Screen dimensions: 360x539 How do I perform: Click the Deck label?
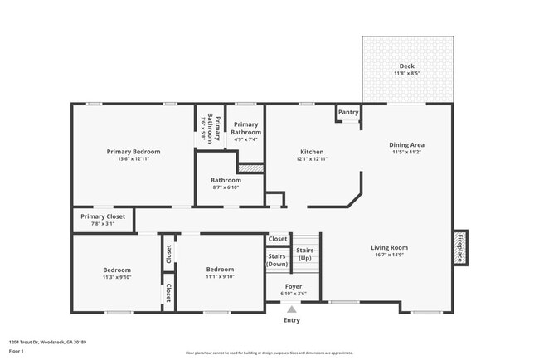click(x=406, y=66)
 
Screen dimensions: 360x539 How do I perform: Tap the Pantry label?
click(x=348, y=112)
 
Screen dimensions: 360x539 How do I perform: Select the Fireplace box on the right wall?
click(x=459, y=247)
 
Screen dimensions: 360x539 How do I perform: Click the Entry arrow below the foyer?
click(x=292, y=308)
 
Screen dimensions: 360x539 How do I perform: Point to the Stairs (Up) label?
click(x=305, y=253)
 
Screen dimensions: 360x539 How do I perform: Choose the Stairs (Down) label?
click(x=277, y=260)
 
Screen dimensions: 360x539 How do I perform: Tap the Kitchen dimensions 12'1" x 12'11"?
click(x=312, y=159)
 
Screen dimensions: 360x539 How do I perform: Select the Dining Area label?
click(x=406, y=145)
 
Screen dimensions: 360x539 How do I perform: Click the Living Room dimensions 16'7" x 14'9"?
click(x=388, y=255)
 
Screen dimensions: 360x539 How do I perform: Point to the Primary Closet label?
click(x=103, y=216)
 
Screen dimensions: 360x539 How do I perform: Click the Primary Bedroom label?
click(x=134, y=152)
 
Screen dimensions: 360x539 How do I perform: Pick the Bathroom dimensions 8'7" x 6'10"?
click(x=226, y=187)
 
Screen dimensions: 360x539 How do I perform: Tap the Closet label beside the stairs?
click(x=278, y=239)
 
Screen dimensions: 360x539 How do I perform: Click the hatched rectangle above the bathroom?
click(x=250, y=168)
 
